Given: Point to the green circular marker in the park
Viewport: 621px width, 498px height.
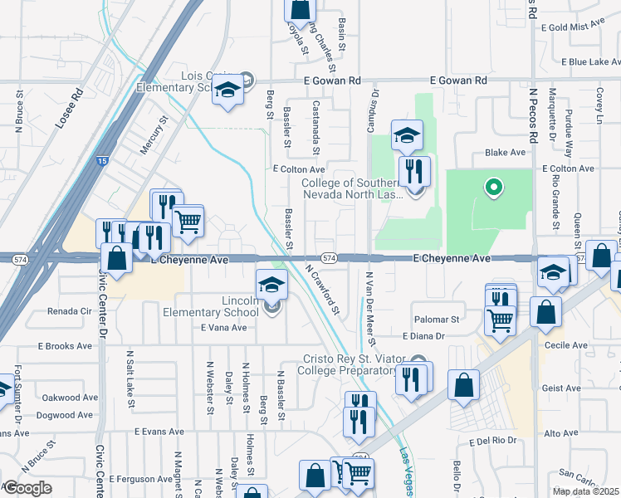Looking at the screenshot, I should click(x=493, y=187).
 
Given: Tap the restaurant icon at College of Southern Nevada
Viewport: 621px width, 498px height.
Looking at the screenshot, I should click(x=413, y=172).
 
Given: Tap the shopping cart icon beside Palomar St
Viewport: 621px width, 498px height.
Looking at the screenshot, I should click(x=499, y=320).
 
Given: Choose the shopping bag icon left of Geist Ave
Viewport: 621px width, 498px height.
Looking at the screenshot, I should click(x=463, y=385).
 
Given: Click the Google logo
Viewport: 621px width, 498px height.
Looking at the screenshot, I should click(x=27, y=488).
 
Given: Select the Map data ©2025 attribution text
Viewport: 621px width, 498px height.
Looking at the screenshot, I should click(x=585, y=491).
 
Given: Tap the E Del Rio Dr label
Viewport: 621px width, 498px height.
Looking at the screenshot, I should click(x=492, y=442).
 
